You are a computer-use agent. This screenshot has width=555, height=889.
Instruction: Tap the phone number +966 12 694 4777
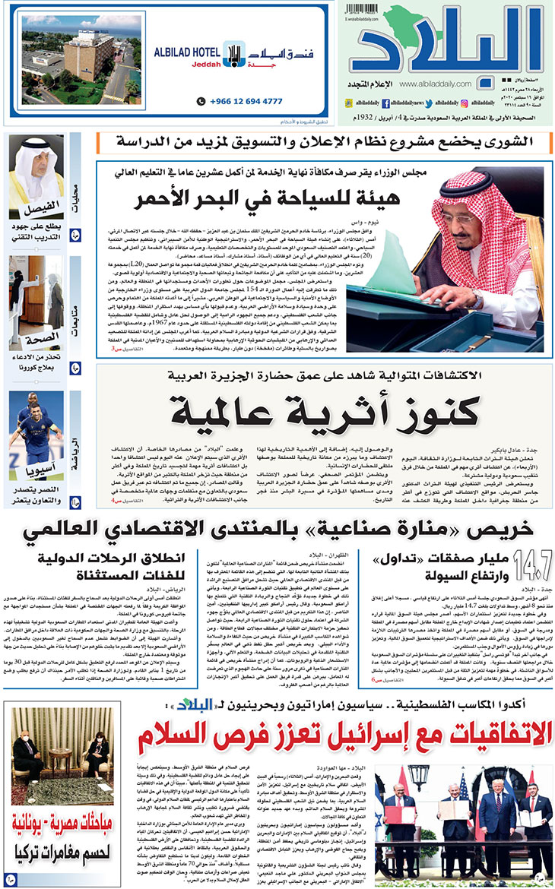coord(246,101)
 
